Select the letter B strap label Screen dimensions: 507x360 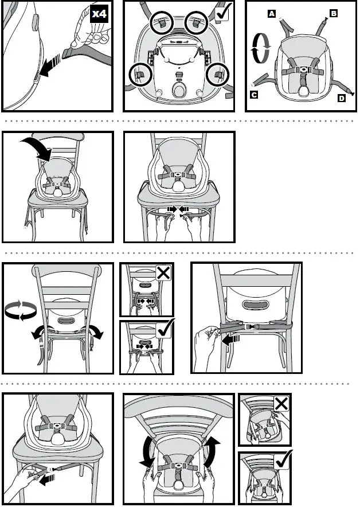coord(333,12)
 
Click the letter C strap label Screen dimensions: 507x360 coord(254,95)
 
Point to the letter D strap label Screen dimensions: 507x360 coord(342,98)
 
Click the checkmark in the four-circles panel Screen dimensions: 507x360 coord(224,11)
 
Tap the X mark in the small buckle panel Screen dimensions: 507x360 coord(163,272)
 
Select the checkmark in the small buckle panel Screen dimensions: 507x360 coord(165,330)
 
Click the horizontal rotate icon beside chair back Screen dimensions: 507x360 coord(20,311)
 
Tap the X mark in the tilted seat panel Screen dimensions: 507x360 coord(281,403)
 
